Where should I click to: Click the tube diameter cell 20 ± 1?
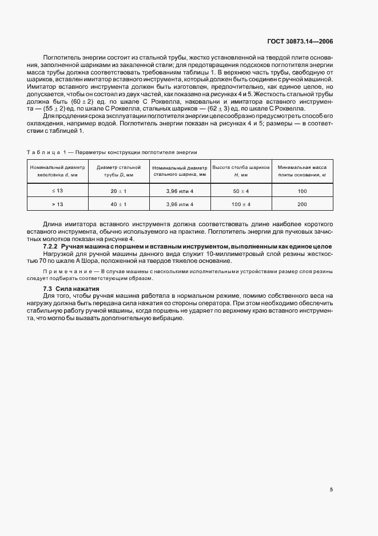point(119,190)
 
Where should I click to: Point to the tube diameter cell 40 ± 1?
point(119,204)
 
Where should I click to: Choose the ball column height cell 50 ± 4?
point(240,190)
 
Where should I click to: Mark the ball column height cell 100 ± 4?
point(240,204)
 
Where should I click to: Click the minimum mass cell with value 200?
point(303,204)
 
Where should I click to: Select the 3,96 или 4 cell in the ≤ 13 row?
point(180,190)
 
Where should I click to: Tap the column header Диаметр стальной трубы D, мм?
point(119,171)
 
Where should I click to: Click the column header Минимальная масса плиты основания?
point(303,171)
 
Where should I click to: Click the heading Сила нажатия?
point(77,288)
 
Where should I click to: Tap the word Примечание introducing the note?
point(63,269)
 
